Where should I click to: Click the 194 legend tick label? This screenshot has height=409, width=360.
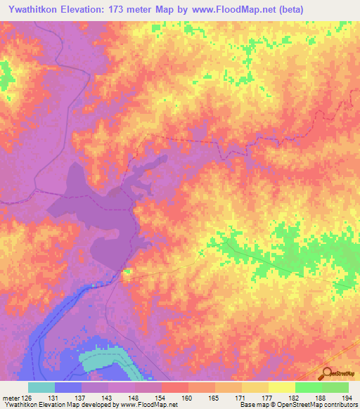tap(347, 398)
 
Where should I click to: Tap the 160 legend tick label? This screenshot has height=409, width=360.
tap(187, 398)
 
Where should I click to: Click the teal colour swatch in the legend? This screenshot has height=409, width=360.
tap(41, 387)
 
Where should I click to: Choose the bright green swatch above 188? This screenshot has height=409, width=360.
tap(308, 387)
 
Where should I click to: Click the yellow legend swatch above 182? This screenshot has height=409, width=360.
tap(281, 387)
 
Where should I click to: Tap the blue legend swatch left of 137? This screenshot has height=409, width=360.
tap(68, 387)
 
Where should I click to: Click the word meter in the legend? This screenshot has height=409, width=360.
tap(10, 398)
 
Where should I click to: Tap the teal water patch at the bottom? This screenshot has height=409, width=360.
tap(105, 361)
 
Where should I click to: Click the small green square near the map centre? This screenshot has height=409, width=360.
tap(128, 271)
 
